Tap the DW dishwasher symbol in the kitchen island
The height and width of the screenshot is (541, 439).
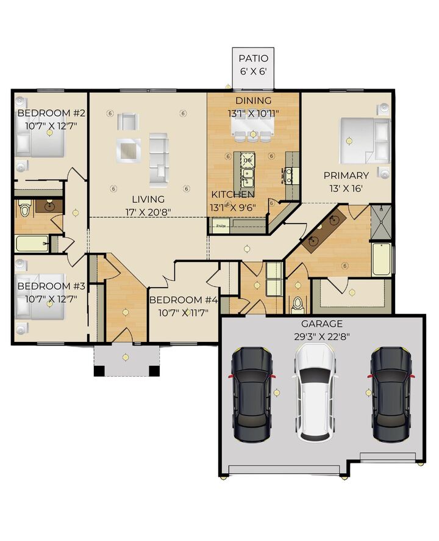[x=248, y=161]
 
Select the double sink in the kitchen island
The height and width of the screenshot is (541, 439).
[x=248, y=178]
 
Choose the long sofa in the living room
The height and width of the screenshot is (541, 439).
[x=159, y=159]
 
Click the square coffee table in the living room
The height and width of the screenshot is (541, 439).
[x=129, y=149]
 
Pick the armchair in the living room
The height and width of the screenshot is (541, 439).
[x=127, y=121]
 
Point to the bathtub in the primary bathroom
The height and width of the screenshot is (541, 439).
[x=380, y=260]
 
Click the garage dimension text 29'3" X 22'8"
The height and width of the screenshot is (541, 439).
[x=322, y=336]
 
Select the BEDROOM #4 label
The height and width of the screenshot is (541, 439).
[x=184, y=300]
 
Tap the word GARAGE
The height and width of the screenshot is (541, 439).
[x=322, y=324]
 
